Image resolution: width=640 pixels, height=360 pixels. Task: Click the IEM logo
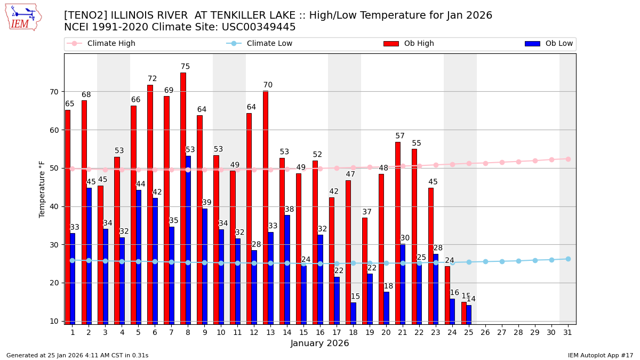(23, 17)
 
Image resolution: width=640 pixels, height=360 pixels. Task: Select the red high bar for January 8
(183, 197)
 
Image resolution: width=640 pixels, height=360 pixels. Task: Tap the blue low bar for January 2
(89, 255)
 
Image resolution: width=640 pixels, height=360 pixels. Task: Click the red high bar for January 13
(266, 207)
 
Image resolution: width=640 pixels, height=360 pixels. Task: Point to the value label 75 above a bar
(185, 67)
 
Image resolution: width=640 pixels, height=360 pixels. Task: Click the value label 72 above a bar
(152, 79)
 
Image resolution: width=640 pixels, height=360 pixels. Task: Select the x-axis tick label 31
(567, 332)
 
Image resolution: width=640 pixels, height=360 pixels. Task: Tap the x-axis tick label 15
(303, 332)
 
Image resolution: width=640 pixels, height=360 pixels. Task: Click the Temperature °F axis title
(42, 189)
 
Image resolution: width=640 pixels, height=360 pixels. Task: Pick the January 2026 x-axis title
(319, 343)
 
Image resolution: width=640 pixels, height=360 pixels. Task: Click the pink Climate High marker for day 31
(568, 159)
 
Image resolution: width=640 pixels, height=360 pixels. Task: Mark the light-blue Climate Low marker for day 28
(518, 261)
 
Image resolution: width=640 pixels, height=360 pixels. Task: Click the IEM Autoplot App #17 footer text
(600, 355)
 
